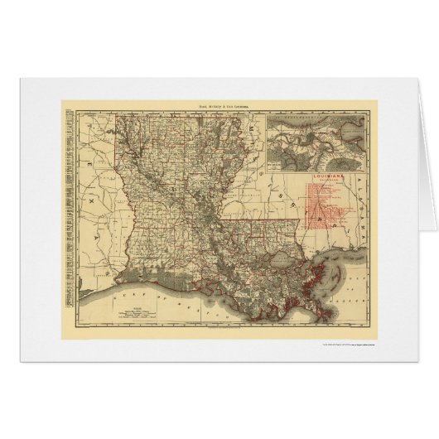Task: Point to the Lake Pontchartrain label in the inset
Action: tap(306, 120)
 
